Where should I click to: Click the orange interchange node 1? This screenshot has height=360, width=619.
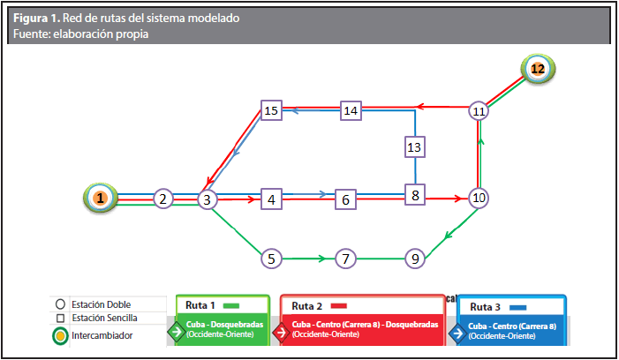pyautogui.click(x=101, y=199)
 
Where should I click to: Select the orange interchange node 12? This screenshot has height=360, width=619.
pyautogui.click(x=536, y=69)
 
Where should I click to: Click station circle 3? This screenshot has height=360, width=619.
pyautogui.click(x=207, y=199)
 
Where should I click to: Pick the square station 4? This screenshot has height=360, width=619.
pyautogui.click(x=272, y=199)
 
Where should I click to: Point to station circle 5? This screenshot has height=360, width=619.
pyautogui.click(x=272, y=259)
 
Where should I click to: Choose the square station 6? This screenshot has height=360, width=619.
pyautogui.click(x=346, y=199)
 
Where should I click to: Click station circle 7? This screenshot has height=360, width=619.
pyautogui.click(x=345, y=259)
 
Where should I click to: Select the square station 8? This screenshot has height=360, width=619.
pyautogui.click(x=414, y=194)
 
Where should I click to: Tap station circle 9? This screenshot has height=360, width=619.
pyautogui.click(x=414, y=259)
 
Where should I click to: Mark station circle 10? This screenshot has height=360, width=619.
pyautogui.click(x=479, y=198)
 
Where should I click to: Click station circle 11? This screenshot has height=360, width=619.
pyautogui.click(x=479, y=111)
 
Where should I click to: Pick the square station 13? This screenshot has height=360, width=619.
pyautogui.click(x=414, y=146)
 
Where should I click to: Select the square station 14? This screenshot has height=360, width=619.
pyautogui.click(x=351, y=110)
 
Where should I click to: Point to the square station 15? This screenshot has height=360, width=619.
pyautogui.click(x=271, y=110)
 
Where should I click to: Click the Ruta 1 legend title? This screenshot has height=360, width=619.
pyautogui.click(x=201, y=305)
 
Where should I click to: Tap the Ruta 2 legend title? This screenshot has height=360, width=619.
pyautogui.click(x=307, y=306)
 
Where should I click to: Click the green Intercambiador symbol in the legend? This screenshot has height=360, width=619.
pyautogui.click(x=58, y=335)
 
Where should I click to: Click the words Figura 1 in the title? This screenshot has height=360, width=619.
pyautogui.click(x=38, y=18)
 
